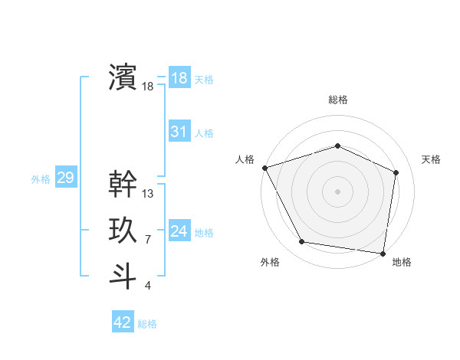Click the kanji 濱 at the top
123,77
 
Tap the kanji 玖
123,230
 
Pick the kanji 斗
123,276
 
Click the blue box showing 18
179,78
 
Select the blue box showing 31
179,132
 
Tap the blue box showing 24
179,231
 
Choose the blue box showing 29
65,178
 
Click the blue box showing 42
123,322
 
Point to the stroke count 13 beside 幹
148,194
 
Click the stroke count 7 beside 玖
148,240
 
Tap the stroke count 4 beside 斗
148,286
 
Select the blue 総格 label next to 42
147,324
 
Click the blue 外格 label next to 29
41,179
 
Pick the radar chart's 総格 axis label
337,100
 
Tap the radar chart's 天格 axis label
431,159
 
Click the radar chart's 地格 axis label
402,262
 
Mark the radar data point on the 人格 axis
264,168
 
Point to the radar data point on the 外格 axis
302,242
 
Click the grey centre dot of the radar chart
337,191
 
